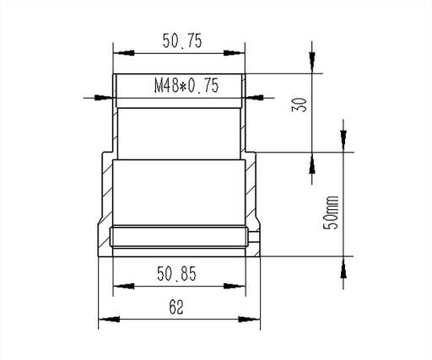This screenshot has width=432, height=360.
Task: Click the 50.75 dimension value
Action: click(182, 40)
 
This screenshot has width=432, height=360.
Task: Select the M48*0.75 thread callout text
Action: click(186, 86)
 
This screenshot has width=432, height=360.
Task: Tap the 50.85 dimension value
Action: click(176, 274)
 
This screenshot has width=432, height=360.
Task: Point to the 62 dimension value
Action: click(176, 307)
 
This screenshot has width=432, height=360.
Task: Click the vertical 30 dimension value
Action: click(300, 105)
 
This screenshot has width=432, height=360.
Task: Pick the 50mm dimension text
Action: click(330, 212)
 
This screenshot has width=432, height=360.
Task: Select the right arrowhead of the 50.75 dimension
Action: click(235, 53)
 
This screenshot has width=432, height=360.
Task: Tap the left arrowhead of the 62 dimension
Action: click(109, 320)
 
